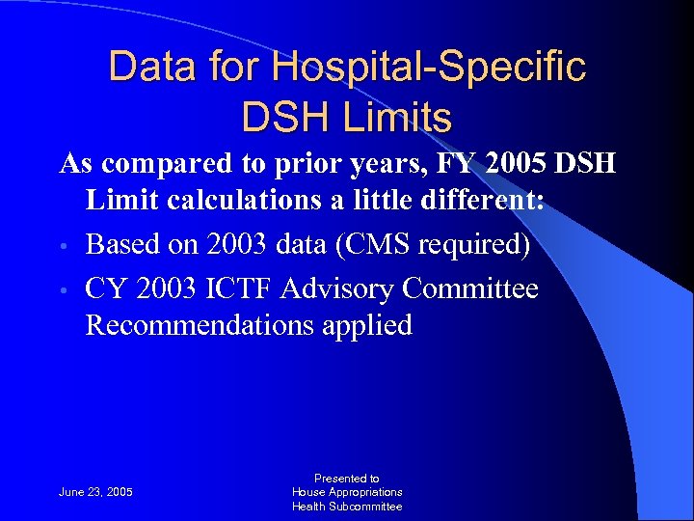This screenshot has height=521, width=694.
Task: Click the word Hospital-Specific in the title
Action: click(429, 67)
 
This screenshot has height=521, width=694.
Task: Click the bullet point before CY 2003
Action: click(65, 290)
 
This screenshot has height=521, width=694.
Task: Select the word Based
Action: click(121, 245)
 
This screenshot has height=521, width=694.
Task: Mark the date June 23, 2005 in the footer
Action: click(95, 492)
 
